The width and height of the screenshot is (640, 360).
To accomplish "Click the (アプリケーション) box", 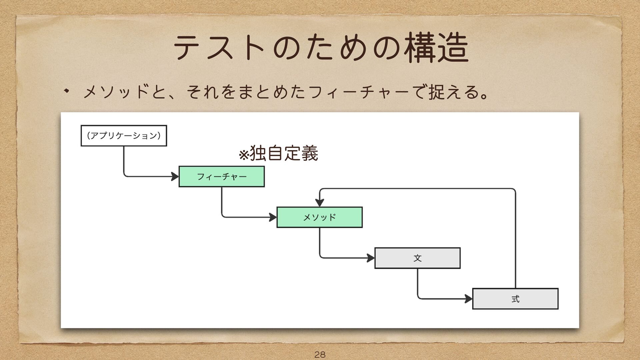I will (x=124, y=136).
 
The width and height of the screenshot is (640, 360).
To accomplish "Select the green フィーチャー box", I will (x=222, y=176).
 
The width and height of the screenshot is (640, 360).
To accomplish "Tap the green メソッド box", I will (x=319, y=217).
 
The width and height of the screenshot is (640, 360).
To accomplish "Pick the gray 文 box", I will (x=417, y=258).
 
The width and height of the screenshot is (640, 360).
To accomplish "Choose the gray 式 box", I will (x=515, y=299).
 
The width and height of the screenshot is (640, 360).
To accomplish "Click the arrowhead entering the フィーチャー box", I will (x=175, y=176).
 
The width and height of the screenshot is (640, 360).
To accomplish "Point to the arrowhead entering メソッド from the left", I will (x=273, y=217).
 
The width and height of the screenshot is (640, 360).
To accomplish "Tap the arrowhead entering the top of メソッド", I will (x=320, y=203).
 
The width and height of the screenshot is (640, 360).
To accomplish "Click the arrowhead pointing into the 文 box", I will (x=371, y=258).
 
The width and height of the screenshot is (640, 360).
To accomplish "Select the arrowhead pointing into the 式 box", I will (x=469, y=299).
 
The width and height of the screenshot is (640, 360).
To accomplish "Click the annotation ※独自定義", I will (x=279, y=154).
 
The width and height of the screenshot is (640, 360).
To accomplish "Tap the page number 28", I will (x=320, y=354).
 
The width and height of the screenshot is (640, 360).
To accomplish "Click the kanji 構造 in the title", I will (x=437, y=48).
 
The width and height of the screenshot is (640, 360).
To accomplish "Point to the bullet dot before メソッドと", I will (x=66, y=91).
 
